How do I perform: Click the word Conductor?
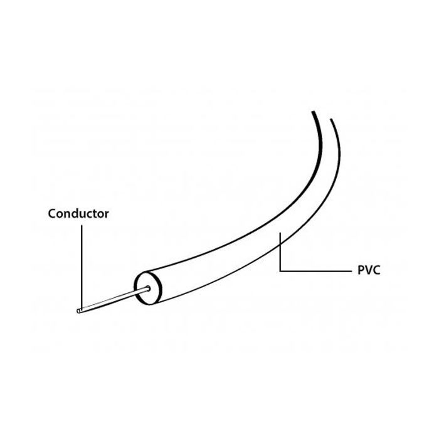[78, 214]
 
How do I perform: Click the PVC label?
[369, 270]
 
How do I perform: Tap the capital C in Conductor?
[52, 214]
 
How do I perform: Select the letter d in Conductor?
[77, 214]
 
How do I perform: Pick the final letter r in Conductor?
[107, 215]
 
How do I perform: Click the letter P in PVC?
[361, 270]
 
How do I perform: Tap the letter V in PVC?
[368, 270]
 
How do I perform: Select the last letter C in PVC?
[376, 270]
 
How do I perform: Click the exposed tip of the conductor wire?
[78, 311]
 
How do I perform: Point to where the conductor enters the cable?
[148, 288]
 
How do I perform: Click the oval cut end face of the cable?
[148, 288]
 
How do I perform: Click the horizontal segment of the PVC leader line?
[315, 271]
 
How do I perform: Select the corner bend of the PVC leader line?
[280, 271]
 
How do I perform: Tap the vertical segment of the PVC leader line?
[280, 251]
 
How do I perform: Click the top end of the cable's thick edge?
[313, 112]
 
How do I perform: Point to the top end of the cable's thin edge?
[331, 119]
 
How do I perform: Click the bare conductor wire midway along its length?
[114, 299]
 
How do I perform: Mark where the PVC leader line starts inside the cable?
[280, 232]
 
